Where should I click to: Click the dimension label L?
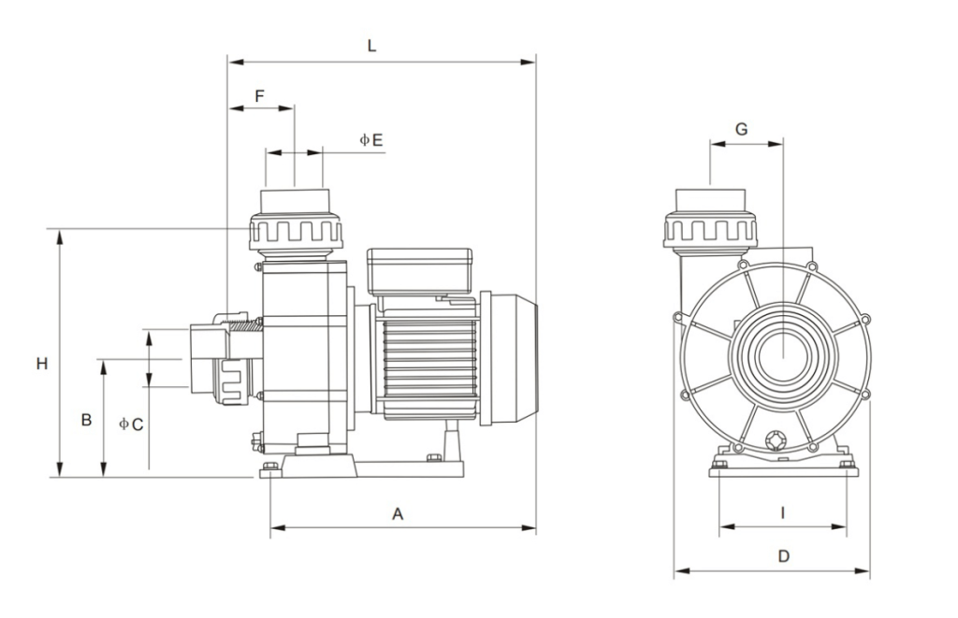point(371,46)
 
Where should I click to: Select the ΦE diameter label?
point(371,139)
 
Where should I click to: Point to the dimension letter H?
point(41,364)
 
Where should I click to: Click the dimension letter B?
point(85,420)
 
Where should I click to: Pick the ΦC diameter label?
point(131,424)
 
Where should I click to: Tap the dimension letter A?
point(398,513)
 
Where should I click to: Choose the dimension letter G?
point(741,129)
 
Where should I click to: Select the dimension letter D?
point(784,555)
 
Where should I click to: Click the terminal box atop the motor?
point(419,270)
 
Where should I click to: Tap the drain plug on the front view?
point(775,440)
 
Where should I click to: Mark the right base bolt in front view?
point(847,463)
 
